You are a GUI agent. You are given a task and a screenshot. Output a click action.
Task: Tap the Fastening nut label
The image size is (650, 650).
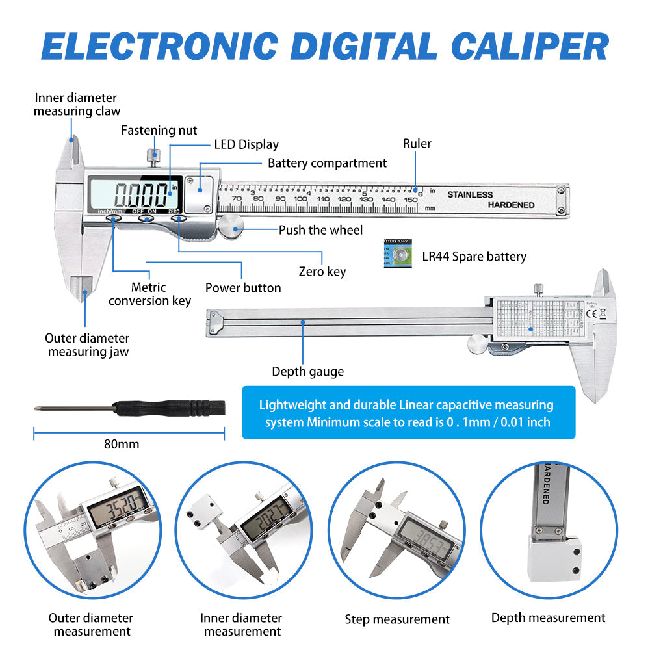(x=159, y=131)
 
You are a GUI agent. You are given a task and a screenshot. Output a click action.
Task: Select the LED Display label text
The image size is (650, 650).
(x=246, y=145)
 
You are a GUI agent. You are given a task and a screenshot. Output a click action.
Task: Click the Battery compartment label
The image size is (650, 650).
(x=327, y=163)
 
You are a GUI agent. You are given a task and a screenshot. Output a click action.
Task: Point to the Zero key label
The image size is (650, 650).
(x=322, y=272)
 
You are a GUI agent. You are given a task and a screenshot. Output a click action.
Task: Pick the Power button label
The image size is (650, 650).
(x=243, y=287)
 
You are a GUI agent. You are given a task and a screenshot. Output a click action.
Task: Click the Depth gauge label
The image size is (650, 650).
(x=307, y=372)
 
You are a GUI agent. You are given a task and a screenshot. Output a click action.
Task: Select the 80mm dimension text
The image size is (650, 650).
(x=122, y=445)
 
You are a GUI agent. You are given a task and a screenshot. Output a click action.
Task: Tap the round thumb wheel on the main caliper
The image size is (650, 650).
(x=230, y=227)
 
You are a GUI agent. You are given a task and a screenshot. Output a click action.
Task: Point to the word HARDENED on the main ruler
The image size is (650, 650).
(x=512, y=205)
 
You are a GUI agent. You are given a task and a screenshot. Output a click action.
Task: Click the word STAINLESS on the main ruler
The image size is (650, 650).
(x=470, y=194)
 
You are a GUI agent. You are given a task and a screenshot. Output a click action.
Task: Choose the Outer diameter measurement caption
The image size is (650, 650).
(x=91, y=625)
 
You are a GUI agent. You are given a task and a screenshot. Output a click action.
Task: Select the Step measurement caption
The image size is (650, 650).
(x=397, y=619)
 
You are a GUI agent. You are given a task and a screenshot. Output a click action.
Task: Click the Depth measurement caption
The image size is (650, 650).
(x=548, y=618)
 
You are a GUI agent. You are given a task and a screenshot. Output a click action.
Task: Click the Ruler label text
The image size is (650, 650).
(x=417, y=144)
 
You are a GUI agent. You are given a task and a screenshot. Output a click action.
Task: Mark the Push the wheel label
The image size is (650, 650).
(x=320, y=230)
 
